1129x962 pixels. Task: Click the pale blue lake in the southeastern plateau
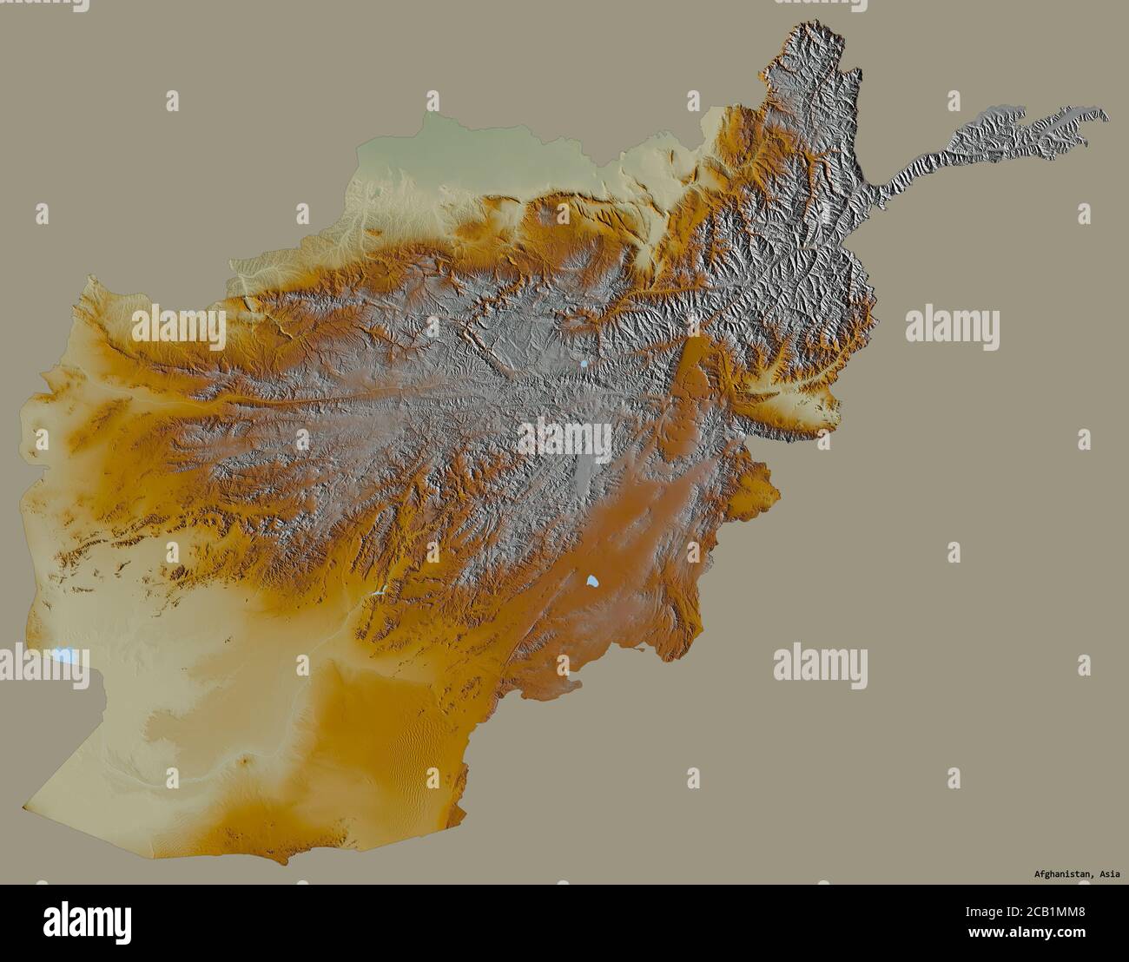click(592, 581)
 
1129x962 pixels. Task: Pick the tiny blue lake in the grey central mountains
click(584, 365)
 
